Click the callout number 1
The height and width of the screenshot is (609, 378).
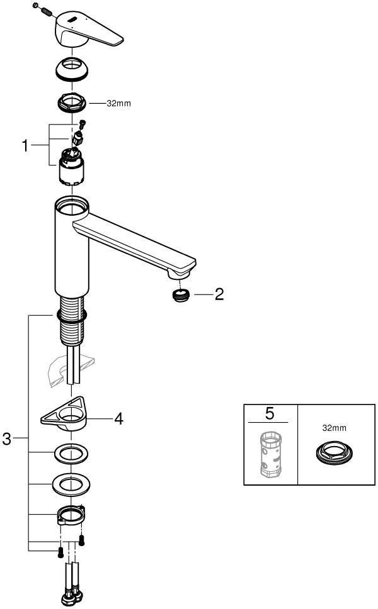click(x=25, y=146)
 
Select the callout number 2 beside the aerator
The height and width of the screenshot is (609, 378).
click(x=219, y=294)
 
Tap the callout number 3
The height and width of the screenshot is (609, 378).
click(x=6, y=439)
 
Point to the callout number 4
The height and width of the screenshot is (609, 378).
click(x=118, y=419)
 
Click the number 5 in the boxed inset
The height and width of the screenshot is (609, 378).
click(x=270, y=413)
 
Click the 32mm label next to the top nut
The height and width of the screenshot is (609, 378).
click(x=118, y=104)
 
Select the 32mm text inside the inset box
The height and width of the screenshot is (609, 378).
click(x=334, y=428)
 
